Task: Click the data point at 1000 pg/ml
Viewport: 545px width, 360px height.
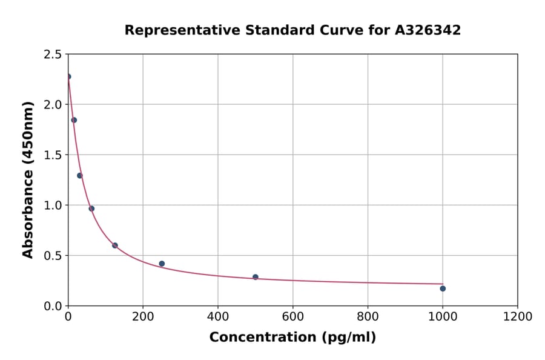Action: (x=443, y=288)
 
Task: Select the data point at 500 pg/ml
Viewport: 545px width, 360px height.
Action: (x=256, y=277)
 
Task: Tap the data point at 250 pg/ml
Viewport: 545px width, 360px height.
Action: (x=162, y=264)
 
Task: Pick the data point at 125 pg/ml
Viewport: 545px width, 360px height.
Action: (x=115, y=245)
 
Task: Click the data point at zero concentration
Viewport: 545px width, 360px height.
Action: (x=68, y=76)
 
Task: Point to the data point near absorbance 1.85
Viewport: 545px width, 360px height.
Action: (x=74, y=120)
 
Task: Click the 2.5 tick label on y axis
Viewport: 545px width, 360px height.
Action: (x=52, y=55)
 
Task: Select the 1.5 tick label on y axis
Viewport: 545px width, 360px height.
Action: (x=52, y=155)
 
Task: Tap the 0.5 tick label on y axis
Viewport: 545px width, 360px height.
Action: (x=52, y=256)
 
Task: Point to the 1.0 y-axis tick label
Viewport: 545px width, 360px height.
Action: (x=52, y=205)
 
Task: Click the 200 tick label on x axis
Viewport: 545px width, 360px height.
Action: (x=143, y=316)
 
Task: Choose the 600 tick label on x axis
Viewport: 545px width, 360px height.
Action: (x=292, y=316)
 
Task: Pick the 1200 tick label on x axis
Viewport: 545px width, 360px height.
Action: (x=517, y=316)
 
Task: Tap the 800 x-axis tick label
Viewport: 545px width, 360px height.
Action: (x=368, y=316)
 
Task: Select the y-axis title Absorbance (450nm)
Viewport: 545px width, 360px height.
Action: (x=28, y=179)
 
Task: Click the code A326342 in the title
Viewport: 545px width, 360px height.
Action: (x=428, y=30)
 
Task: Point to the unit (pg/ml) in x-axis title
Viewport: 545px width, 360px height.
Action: (x=350, y=338)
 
